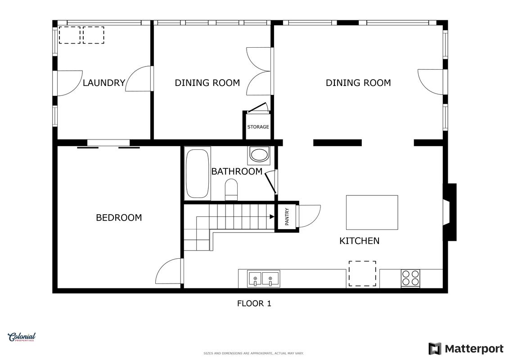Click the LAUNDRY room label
[104, 83]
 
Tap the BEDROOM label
[119, 217]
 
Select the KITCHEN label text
[359, 241]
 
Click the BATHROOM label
[237, 171]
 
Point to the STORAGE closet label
[258, 127]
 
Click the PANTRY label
[287, 216]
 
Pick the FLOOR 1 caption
[254, 303]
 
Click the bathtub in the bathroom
[198, 173]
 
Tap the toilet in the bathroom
[231, 189]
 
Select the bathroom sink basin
[259, 155]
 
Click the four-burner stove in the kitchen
[410, 278]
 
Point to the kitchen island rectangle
[372, 212]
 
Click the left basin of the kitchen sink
[255, 279]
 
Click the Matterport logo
[466, 349]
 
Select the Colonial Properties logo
[22, 337]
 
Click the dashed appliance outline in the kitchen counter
[362, 274]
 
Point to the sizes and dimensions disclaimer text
[253, 353]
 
